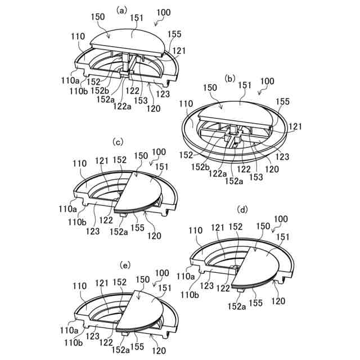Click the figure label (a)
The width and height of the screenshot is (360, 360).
pyautogui.click(x=121, y=10)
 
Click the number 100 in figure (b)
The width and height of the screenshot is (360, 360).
pyautogui.click(x=267, y=81)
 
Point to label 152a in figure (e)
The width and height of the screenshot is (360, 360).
pyautogui.click(x=121, y=349)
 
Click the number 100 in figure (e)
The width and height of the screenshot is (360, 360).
pyautogui.click(x=161, y=273)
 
